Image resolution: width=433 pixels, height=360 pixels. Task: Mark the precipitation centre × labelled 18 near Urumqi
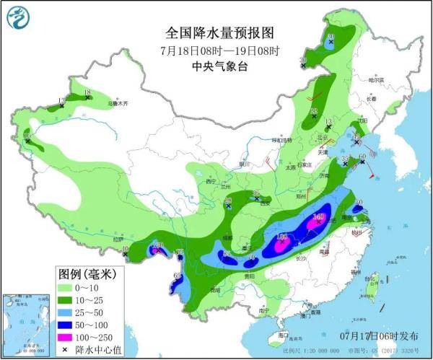point(87,97)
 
